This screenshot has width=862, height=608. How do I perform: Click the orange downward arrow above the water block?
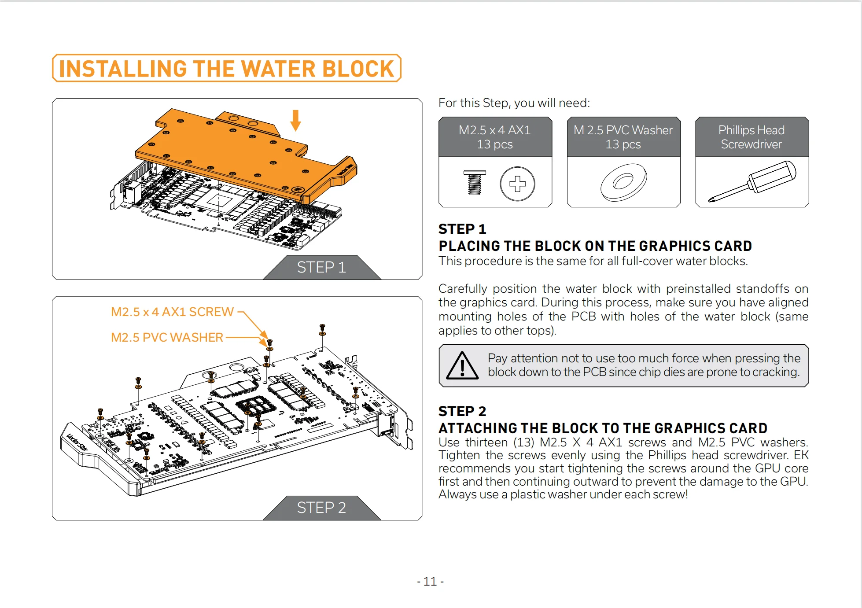tap(296, 120)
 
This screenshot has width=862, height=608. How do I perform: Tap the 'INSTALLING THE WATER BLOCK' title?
tap(226, 69)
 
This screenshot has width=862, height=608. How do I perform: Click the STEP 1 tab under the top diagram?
tap(321, 267)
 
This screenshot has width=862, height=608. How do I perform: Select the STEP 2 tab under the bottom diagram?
tap(321, 508)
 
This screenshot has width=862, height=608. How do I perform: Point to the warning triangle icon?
tap(462, 366)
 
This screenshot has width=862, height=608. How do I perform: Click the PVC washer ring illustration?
tap(623, 182)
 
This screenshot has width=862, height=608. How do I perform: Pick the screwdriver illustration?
tap(752, 182)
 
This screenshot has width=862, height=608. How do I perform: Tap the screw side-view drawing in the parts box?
tap(475, 182)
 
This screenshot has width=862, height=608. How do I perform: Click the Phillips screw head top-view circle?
tap(517, 184)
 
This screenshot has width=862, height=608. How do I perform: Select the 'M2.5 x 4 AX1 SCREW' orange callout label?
tap(172, 312)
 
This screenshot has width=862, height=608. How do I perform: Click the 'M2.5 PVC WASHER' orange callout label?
tap(167, 337)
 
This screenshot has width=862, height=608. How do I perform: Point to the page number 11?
tap(430, 582)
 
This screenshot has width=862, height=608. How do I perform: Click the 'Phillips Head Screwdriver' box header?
tap(751, 137)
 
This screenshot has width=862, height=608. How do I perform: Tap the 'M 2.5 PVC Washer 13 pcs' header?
tap(623, 137)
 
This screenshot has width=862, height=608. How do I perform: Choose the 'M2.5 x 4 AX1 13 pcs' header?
tap(495, 137)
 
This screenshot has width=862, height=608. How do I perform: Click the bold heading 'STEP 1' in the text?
tap(462, 229)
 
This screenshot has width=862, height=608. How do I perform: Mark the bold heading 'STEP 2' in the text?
tap(462, 411)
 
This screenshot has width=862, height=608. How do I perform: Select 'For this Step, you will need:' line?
tap(514, 103)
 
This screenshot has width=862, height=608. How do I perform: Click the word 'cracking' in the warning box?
tap(775, 372)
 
